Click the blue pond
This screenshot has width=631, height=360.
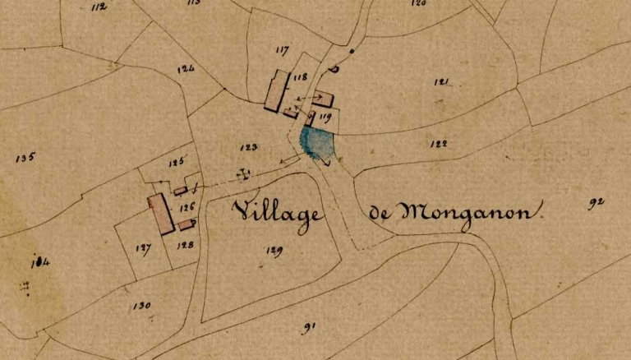click(x=319, y=143)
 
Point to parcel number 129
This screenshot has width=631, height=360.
click(x=274, y=250)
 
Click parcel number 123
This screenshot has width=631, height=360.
click(x=249, y=147)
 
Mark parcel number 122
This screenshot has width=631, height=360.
click(x=439, y=143)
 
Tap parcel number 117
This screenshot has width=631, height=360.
click(x=283, y=51)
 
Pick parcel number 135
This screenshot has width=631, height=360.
click(x=25, y=157)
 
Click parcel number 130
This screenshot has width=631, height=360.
click(x=141, y=306)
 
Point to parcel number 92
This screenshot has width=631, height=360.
click(x=596, y=203)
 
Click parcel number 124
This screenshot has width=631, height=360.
click(x=186, y=69)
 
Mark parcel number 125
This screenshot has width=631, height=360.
click(x=176, y=163)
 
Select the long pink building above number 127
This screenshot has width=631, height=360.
click(x=160, y=214)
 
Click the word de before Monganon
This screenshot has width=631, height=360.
click(x=379, y=214)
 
